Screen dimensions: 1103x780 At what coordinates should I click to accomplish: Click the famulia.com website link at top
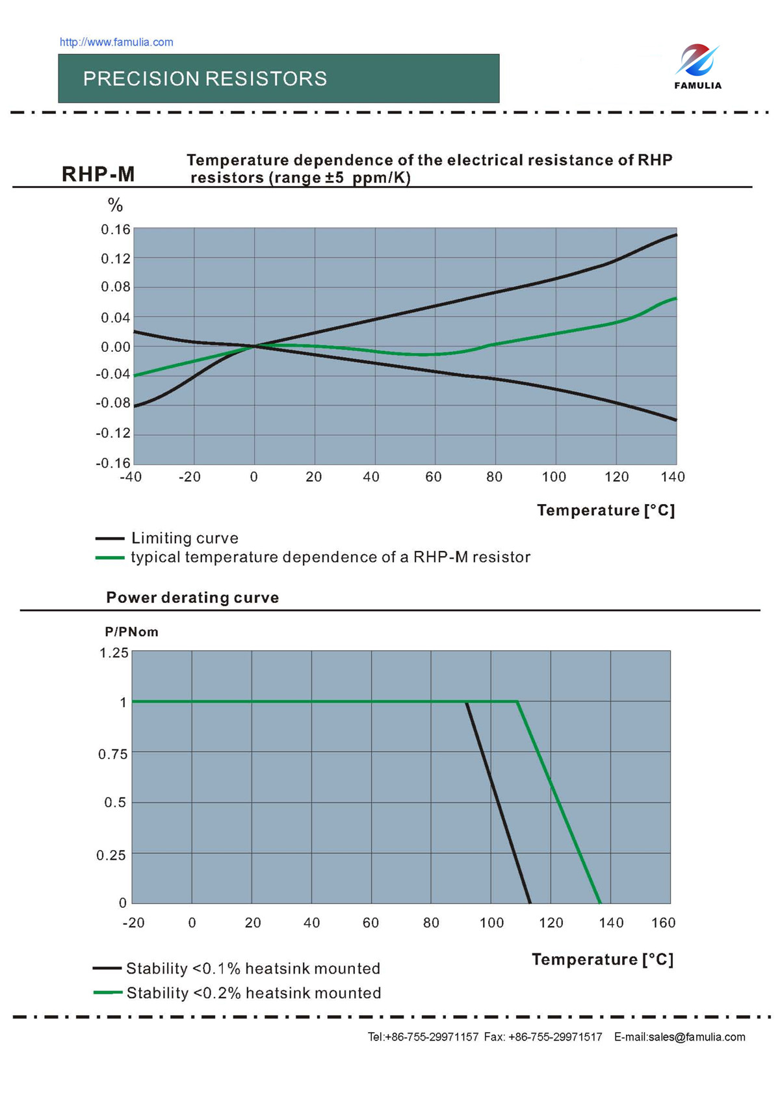coord(116,42)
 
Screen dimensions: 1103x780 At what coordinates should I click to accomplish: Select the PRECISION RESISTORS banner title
coord(205,79)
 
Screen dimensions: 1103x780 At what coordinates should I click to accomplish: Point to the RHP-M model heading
coord(98,174)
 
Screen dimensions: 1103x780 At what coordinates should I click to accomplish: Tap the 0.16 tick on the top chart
coord(116,230)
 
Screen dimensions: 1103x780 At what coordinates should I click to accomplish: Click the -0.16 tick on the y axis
coord(113,463)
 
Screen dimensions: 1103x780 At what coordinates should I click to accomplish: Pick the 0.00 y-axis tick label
coord(116,347)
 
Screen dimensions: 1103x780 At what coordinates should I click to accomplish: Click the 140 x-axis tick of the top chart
coord(673,477)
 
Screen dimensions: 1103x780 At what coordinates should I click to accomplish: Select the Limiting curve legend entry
coord(185,538)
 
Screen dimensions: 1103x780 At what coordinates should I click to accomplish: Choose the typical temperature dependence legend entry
coord(330,557)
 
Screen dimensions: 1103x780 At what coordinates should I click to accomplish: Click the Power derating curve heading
coord(192,598)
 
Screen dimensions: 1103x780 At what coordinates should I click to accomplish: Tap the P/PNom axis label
coord(131,632)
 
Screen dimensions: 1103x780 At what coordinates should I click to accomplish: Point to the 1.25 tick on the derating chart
coord(114,653)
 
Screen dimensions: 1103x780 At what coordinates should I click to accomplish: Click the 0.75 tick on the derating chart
coord(112,754)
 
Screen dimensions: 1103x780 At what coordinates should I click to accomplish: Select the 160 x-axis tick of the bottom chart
coord(663,923)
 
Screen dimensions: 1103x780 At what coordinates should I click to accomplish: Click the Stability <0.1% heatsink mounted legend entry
coord(253,969)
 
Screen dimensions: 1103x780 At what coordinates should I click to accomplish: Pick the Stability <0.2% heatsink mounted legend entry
coord(253,994)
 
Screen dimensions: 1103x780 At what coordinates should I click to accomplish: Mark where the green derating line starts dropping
coord(517,702)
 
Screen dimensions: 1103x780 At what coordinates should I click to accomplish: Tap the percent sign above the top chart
coord(115,206)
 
